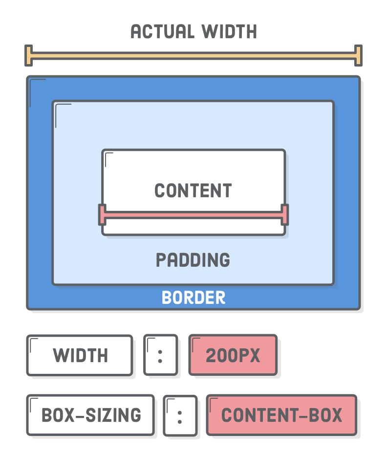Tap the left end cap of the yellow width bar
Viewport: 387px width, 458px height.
[29, 55]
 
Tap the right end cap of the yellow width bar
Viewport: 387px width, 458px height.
[358, 55]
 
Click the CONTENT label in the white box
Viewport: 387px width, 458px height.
[193, 190]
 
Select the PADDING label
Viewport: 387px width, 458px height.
[193, 260]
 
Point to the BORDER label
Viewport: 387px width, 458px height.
[193, 298]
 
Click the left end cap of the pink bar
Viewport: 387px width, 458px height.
[102, 214]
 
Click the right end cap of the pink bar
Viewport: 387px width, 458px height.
[284, 214]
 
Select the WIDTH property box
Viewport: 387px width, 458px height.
[80, 355]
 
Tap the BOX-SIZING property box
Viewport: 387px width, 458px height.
[90, 415]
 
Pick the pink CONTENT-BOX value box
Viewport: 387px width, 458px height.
[281, 415]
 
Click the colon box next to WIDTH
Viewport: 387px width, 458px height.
[160, 355]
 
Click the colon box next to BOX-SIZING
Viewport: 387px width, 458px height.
[180, 416]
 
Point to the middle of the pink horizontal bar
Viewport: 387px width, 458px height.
[193, 214]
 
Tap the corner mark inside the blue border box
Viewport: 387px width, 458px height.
[34, 84]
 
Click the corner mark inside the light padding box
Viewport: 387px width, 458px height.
[60, 109]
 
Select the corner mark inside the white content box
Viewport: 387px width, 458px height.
[107, 156]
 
